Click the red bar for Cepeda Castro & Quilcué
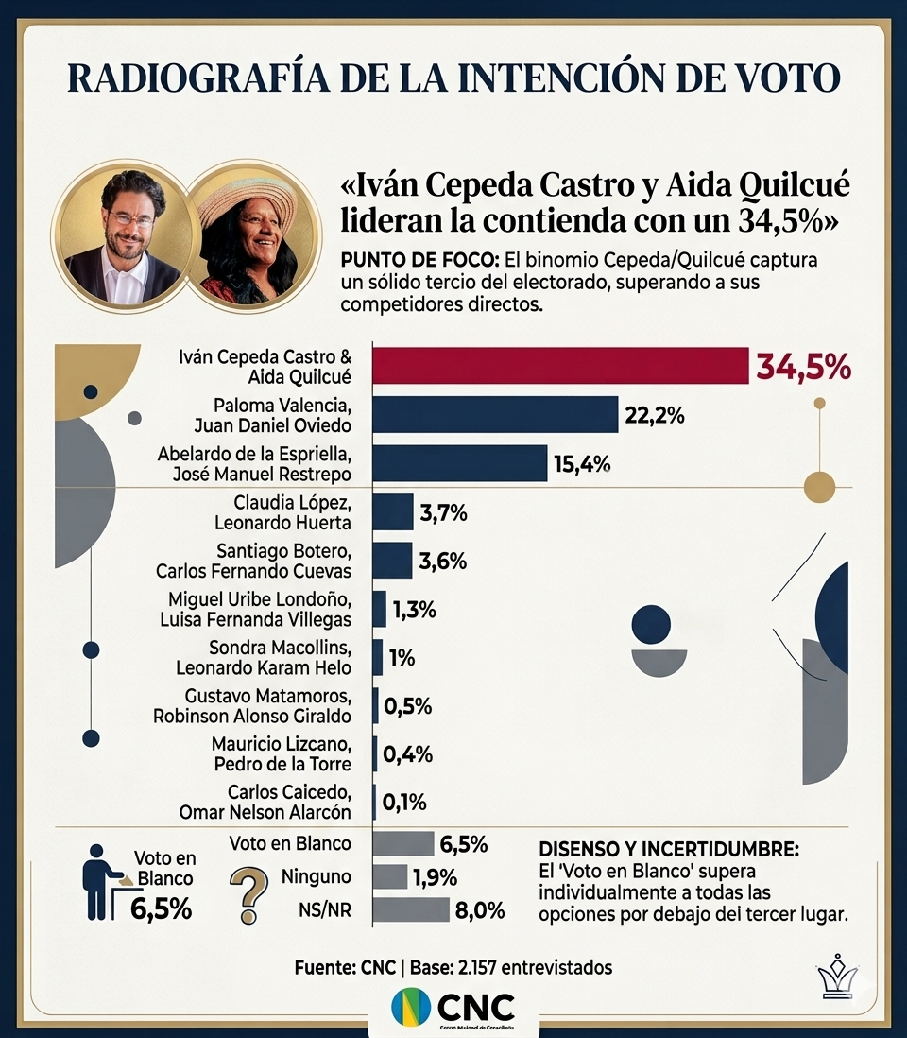tap(560, 367)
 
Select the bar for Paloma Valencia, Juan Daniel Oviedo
tap(495, 414)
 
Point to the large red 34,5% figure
tap(803, 367)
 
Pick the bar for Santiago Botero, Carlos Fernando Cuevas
tap(393, 560)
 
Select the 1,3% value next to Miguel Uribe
tap(414, 610)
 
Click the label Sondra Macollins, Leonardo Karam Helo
tap(265, 658)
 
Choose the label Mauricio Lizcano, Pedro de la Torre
tap(282, 754)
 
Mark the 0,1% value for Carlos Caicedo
tap(404, 803)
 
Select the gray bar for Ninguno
tap(390, 876)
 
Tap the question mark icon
tap(248, 894)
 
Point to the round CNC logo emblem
tap(411, 1006)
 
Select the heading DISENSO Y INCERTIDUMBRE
tap(671, 847)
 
